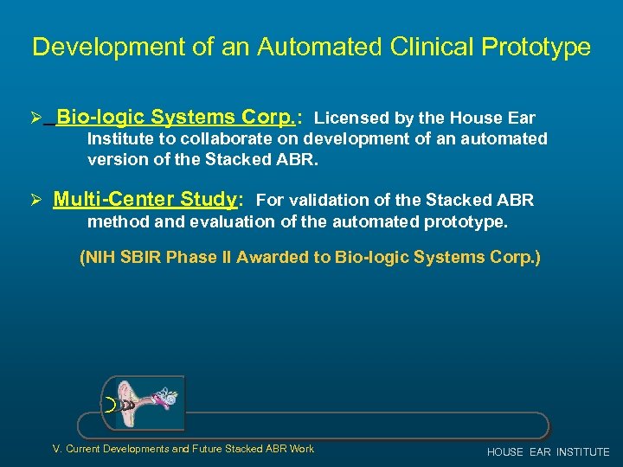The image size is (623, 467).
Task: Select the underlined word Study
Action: coord(209,200)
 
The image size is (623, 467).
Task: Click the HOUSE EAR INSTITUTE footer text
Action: coord(548,452)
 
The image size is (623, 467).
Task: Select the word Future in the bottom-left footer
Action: coord(205,449)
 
